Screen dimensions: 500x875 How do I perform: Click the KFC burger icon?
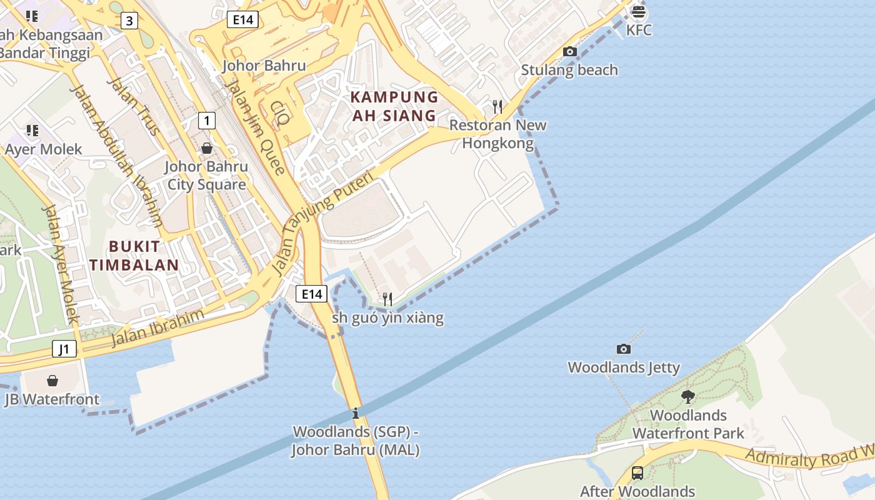tap(638, 11)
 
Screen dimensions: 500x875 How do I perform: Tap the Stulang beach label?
tap(569, 70)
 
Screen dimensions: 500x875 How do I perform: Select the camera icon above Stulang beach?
tap(570, 52)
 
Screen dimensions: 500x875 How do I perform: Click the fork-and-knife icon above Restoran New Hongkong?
tap(497, 106)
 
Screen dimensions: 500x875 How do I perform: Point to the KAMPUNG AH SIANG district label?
tap(394, 106)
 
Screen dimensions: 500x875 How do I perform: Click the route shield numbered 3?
tap(129, 21)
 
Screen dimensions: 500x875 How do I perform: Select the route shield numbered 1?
tap(206, 120)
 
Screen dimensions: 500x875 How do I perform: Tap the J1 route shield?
tap(64, 349)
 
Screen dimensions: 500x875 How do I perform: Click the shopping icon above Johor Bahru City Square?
tap(206, 148)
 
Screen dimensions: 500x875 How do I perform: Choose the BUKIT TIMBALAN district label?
tap(134, 256)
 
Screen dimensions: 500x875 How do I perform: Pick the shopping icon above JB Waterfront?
tap(52, 380)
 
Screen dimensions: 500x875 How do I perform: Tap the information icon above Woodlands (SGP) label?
tap(356, 413)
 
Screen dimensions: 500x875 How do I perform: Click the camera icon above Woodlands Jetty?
tap(623, 349)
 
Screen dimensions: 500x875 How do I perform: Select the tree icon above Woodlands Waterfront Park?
tap(688, 396)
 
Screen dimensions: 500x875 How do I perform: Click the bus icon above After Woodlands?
tap(637, 473)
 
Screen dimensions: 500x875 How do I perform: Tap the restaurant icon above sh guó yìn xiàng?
tap(387, 299)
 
